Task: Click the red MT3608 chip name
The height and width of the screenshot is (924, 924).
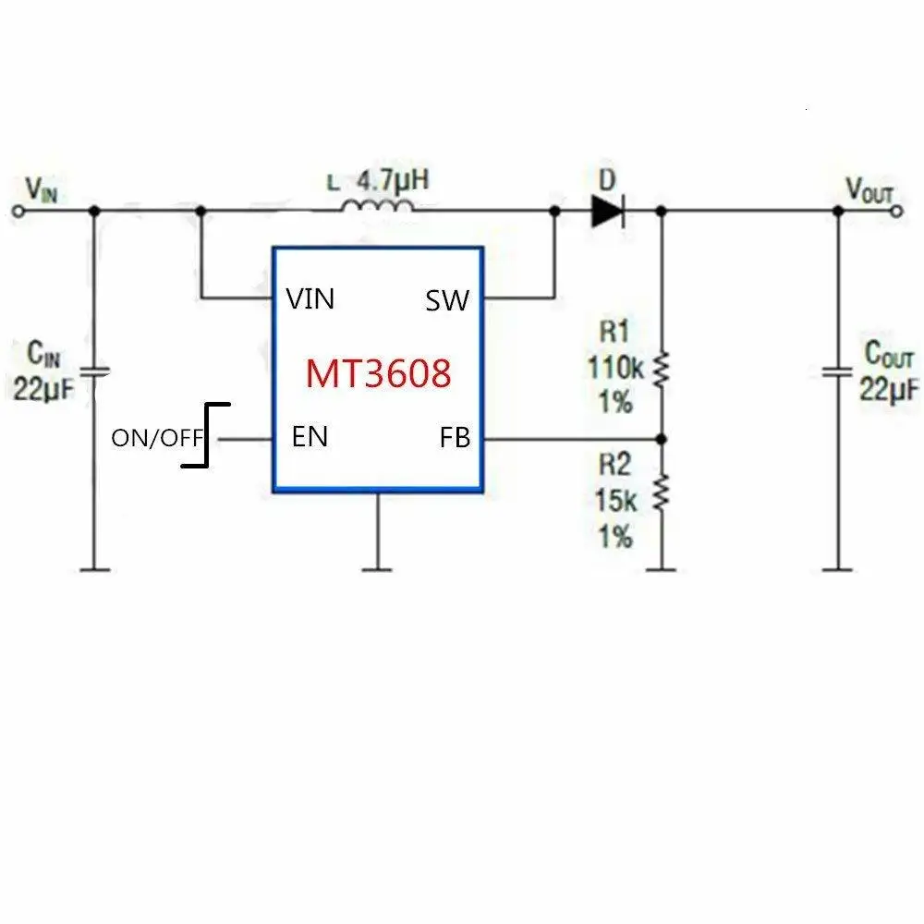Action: pyautogui.click(x=379, y=373)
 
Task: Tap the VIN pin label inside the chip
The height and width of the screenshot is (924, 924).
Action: pyautogui.click(x=310, y=299)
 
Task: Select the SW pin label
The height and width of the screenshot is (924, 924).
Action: pyautogui.click(x=447, y=300)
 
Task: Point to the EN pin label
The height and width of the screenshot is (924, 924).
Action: pyautogui.click(x=310, y=436)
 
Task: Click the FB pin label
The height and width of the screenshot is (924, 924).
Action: pyautogui.click(x=455, y=439)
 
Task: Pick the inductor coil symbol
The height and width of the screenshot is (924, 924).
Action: pyautogui.click(x=377, y=207)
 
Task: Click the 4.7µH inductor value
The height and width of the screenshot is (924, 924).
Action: pyautogui.click(x=393, y=178)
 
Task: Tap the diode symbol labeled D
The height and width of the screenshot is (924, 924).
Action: pyautogui.click(x=607, y=212)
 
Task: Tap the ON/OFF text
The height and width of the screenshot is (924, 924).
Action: pyautogui.click(x=156, y=438)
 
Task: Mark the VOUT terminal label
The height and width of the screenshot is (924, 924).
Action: pyautogui.click(x=869, y=189)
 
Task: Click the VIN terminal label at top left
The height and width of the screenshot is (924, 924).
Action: pyautogui.click(x=41, y=189)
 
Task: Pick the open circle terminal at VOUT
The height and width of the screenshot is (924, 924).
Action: pyautogui.click(x=895, y=212)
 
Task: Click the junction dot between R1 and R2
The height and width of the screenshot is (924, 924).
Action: pyautogui.click(x=661, y=438)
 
